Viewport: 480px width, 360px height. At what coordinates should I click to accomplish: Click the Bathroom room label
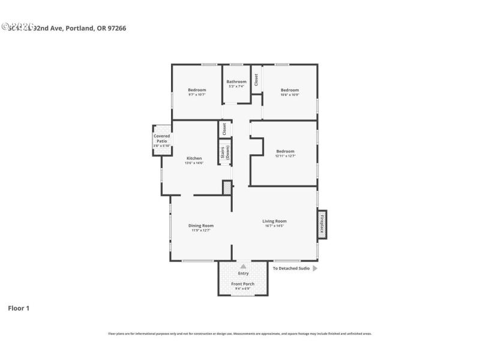point(236,82)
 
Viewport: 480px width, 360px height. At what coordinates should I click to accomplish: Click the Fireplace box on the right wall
point(322,224)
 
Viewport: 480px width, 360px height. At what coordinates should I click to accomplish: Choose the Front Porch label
point(243,284)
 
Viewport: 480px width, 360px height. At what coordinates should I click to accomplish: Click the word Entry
point(243,273)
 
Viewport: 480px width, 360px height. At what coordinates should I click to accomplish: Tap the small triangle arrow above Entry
point(243,265)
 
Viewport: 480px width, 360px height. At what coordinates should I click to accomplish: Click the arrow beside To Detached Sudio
point(315,269)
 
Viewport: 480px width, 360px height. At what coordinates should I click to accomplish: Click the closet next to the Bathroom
point(256,80)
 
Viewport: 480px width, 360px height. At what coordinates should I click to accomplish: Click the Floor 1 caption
point(18,308)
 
